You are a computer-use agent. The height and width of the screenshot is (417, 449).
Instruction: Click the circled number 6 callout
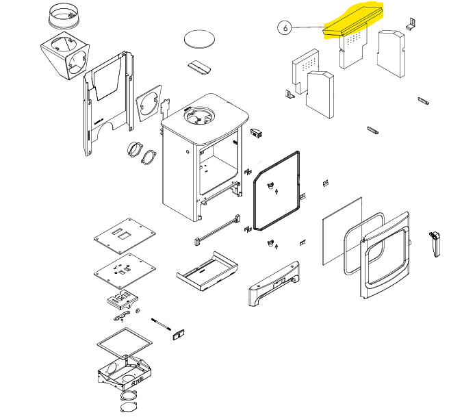[x=285, y=28]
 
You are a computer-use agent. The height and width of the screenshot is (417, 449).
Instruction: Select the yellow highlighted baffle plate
[x=352, y=21]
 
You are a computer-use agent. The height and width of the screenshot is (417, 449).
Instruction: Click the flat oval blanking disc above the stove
[x=199, y=38]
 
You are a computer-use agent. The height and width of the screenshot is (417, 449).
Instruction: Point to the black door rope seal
[x=277, y=191]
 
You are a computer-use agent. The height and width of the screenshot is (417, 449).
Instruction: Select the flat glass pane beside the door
[x=342, y=231]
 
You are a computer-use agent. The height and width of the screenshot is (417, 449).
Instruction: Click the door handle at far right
[x=435, y=244]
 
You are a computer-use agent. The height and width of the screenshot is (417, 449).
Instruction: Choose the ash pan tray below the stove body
[x=207, y=271]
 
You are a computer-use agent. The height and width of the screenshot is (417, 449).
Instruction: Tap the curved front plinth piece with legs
[x=274, y=283]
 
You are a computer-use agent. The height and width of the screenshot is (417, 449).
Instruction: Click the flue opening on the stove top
[x=199, y=116]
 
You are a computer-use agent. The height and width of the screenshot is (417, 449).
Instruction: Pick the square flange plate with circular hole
[x=149, y=103]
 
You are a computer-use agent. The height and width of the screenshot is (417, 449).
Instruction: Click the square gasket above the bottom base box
[x=125, y=344]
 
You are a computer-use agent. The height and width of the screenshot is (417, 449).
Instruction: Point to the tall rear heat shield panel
[x=108, y=103]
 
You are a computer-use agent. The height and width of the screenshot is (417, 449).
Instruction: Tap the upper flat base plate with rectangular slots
[x=125, y=236]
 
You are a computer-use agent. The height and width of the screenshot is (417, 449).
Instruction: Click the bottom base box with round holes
[x=125, y=373]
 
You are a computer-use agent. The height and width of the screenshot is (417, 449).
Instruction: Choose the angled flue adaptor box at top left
[x=65, y=55]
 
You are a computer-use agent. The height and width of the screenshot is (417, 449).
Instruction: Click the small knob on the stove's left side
[x=188, y=151]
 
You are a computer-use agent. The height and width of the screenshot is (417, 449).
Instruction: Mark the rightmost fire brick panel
[x=391, y=53]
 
